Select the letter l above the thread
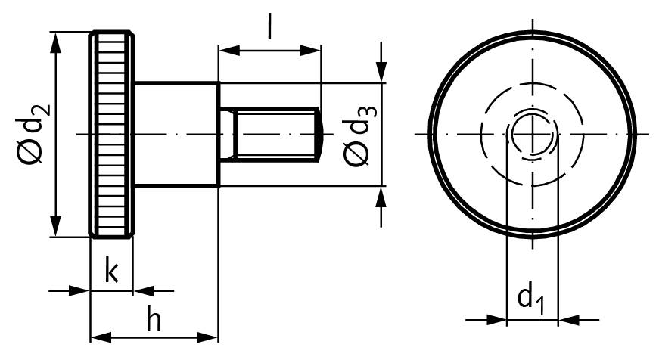(269, 27)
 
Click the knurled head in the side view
(112, 134)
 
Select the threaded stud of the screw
(272, 134)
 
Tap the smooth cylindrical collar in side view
(177, 134)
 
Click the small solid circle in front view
(532, 134)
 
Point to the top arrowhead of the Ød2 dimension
(55, 41)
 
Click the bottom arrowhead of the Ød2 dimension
(55, 228)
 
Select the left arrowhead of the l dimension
(227, 51)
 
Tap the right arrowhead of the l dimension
(312, 51)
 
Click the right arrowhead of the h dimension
(209, 335)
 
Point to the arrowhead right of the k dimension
(143, 290)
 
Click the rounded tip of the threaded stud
(319, 134)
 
